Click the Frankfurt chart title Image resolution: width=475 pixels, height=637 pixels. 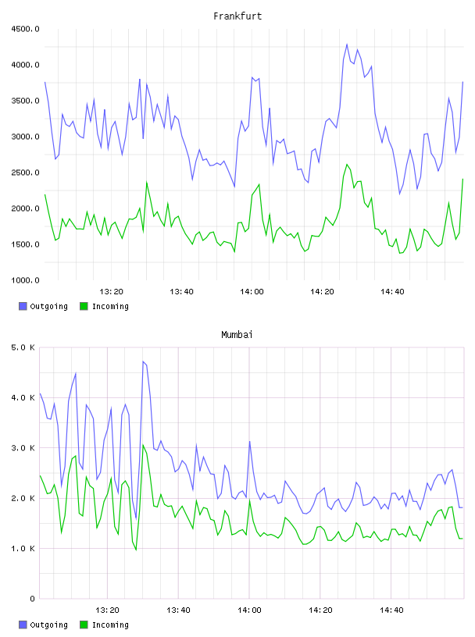(x=237, y=16)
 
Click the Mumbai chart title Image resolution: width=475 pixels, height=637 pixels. (x=237, y=335)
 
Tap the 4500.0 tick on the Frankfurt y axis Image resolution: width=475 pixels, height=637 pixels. (x=26, y=29)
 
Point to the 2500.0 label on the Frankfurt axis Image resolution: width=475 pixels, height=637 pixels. (x=26, y=173)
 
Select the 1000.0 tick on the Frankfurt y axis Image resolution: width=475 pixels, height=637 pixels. (x=26, y=280)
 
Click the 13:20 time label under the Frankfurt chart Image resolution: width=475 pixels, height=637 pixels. (x=112, y=292)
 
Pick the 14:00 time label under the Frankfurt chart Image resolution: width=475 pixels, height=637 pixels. (x=252, y=292)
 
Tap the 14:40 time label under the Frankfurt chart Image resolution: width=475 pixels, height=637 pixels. (x=392, y=292)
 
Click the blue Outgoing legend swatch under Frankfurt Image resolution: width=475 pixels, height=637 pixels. (x=23, y=306)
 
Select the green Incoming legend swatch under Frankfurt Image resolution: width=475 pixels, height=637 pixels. (x=84, y=306)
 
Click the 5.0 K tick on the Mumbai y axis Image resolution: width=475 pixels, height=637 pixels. (x=23, y=347)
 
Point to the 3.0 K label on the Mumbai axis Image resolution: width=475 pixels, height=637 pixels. (x=23, y=447)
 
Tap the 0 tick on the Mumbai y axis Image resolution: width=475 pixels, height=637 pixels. (x=32, y=599)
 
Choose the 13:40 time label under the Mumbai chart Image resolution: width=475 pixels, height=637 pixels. (x=179, y=610)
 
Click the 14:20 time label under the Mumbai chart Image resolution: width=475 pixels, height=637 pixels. (x=320, y=610)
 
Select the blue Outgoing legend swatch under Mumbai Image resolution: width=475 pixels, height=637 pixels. (x=23, y=625)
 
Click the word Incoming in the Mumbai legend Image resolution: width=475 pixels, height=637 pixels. (x=110, y=625)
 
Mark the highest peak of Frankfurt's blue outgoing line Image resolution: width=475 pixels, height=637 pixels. (x=347, y=44)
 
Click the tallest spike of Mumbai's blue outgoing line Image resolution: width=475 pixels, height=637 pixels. (x=143, y=361)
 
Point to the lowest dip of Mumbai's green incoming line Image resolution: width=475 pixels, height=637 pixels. (x=136, y=550)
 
